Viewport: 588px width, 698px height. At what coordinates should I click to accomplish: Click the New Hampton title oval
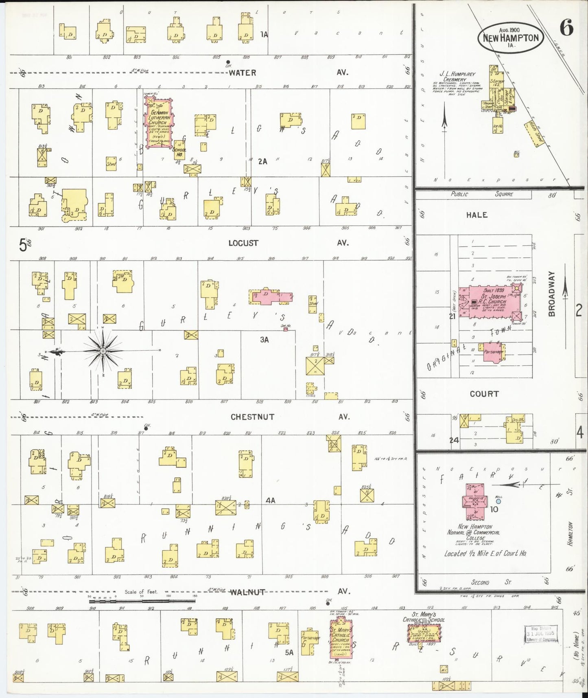511,38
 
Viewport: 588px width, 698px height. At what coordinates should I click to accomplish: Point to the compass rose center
103,351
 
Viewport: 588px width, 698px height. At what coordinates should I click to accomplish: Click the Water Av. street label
242,73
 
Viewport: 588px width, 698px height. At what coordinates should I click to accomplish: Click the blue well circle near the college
498,502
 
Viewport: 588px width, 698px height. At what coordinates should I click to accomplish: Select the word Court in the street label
484,394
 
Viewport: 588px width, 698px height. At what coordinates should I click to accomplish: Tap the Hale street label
477,215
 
